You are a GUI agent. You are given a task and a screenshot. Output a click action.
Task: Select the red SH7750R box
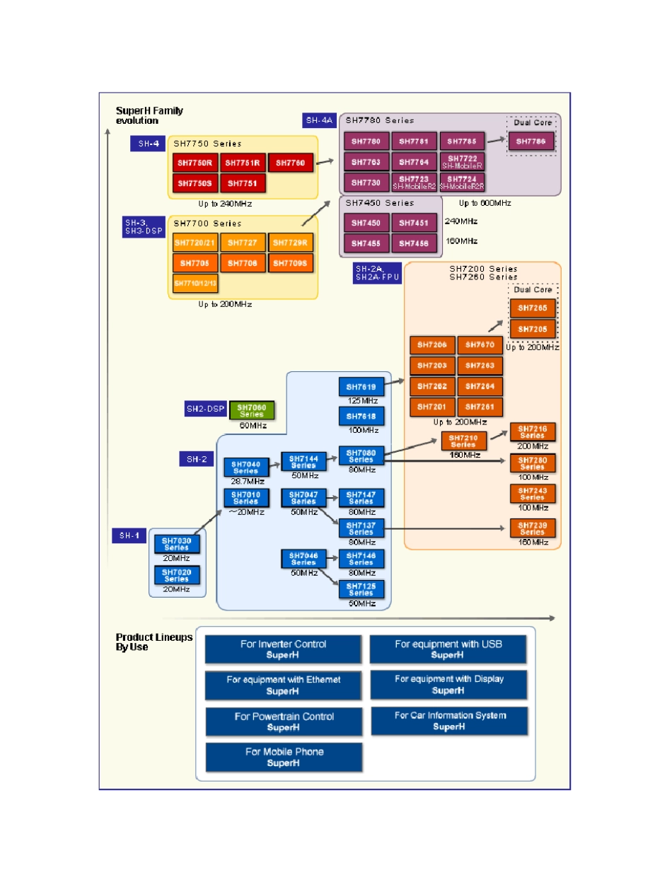[x=195, y=163]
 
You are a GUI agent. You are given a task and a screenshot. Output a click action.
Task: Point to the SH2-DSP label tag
[x=204, y=409]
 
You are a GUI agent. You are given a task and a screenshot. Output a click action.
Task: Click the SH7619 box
[x=361, y=386]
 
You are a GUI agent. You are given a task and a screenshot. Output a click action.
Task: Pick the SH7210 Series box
[x=463, y=441]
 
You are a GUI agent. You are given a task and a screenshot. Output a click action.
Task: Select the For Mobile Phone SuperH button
[x=284, y=757]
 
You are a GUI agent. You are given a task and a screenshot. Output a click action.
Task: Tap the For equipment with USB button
[x=447, y=649]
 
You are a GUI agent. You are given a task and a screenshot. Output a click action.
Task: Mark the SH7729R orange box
[x=291, y=243]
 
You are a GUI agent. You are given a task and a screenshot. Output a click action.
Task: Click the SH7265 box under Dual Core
[x=532, y=308]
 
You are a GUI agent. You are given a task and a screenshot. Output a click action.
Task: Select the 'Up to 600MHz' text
[x=485, y=203]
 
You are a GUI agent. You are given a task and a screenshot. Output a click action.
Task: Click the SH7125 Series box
[x=361, y=589]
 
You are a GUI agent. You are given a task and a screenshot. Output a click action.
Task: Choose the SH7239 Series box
[x=532, y=528]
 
